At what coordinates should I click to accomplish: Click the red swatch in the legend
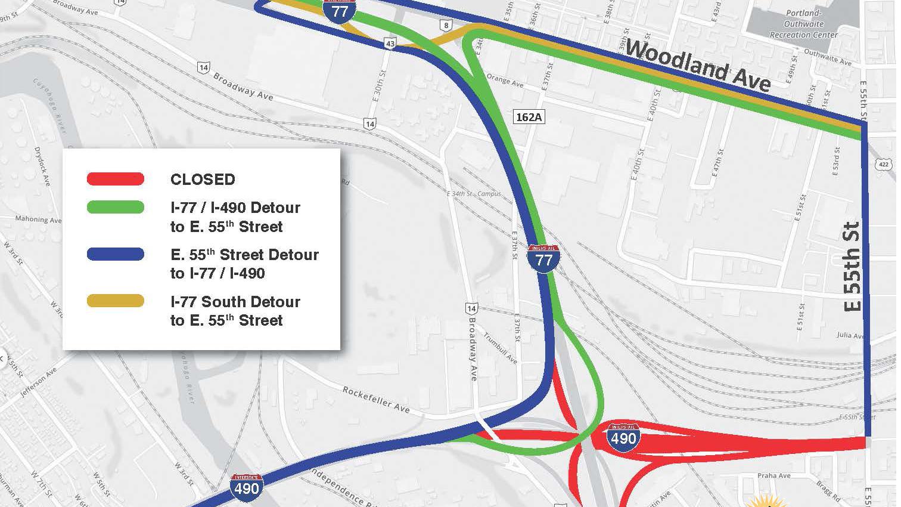[116, 178]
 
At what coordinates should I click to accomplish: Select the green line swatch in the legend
[116, 207]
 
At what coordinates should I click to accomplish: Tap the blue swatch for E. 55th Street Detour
[116, 254]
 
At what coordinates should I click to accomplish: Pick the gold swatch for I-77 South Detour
[116, 301]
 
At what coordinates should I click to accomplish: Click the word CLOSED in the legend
[203, 180]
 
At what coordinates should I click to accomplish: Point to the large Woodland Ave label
[697, 65]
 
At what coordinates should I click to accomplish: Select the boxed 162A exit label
[529, 117]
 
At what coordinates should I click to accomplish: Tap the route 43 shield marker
[390, 44]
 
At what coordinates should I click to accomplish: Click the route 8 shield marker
[445, 25]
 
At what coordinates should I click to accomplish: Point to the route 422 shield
[883, 163]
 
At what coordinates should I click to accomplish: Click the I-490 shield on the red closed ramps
[623, 437]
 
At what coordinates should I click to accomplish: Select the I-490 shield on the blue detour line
[246, 486]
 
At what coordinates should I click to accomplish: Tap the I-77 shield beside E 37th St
[543, 258]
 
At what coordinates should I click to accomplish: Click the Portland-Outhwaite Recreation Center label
[803, 24]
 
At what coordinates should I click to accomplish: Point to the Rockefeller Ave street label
[376, 400]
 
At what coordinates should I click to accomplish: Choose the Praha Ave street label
[774, 475]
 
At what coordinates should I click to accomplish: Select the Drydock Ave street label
[42, 166]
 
